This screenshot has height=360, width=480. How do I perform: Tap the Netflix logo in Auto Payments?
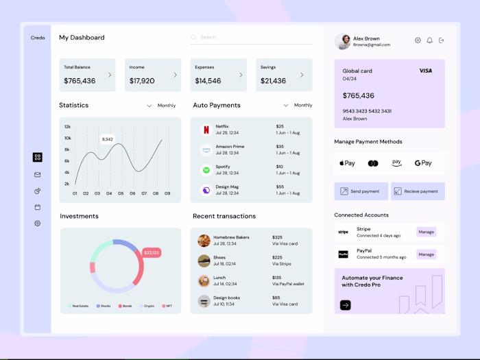click(205, 130)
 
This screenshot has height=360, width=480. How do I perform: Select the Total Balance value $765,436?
click(80, 81)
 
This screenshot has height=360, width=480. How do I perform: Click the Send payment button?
click(361, 191)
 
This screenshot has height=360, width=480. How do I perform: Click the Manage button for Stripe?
click(426, 232)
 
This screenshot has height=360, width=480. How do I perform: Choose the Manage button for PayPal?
click(426, 254)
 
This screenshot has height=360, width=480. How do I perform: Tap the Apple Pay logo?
click(347, 163)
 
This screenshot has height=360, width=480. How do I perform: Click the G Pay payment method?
click(423, 163)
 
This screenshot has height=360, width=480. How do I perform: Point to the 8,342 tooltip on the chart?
click(107, 139)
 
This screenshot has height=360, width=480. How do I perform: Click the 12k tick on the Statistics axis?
click(67, 127)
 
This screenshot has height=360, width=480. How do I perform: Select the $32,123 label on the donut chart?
click(152, 253)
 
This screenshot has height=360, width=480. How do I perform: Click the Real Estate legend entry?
click(78, 306)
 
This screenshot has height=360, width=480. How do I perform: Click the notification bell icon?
click(430, 40)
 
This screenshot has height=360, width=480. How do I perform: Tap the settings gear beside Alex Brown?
click(418, 40)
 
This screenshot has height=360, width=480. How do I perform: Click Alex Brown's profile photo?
click(342, 41)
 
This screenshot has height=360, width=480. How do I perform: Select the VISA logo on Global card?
click(426, 71)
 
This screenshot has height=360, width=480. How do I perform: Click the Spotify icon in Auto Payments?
click(205, 169)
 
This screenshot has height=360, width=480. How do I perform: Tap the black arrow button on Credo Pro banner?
click(346, 305)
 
